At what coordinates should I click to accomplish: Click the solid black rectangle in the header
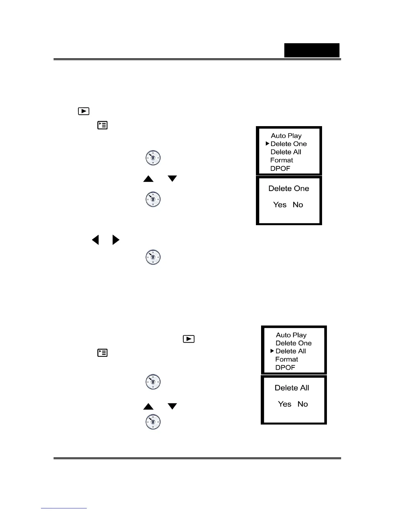(x=312, y=50)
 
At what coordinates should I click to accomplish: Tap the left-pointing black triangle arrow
(x=95, y=240)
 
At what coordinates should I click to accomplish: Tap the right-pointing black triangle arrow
(x=116, y=240)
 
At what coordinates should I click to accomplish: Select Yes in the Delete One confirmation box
(x=279, y=205)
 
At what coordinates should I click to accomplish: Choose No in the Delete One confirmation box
(x=298, y=205)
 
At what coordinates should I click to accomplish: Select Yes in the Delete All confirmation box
(x=285, y=404)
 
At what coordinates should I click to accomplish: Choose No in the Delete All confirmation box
(x=303, y=404)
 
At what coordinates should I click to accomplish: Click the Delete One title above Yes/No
(x=289, y=188)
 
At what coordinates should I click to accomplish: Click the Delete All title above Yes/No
(x=292, y=388)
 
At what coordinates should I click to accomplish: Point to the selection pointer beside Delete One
(x=267, y=144)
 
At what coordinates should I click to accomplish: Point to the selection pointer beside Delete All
(x=272, y=351)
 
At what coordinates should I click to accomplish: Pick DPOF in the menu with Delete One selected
(x=280, y=168)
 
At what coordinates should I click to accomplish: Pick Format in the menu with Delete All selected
(x=287, y=359)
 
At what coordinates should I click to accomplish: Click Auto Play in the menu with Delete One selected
(x=286, y=136)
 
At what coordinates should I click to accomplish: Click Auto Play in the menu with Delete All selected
(x=291, y=335)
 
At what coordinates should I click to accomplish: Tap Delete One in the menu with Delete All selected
(x=294, y=343)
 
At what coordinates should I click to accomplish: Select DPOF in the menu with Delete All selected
(x=285, y=367)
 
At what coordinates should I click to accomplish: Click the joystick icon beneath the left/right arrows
(x=153, y=257)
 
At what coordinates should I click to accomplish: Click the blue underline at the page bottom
(x=64, y=508)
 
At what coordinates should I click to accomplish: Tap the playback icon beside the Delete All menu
(x=189, y=339)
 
